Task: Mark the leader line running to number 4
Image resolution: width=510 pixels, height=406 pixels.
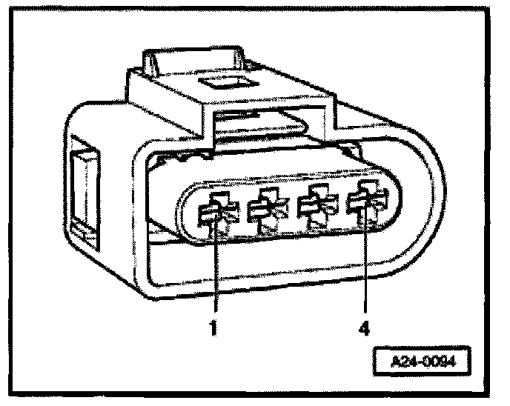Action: coord(366,267)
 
